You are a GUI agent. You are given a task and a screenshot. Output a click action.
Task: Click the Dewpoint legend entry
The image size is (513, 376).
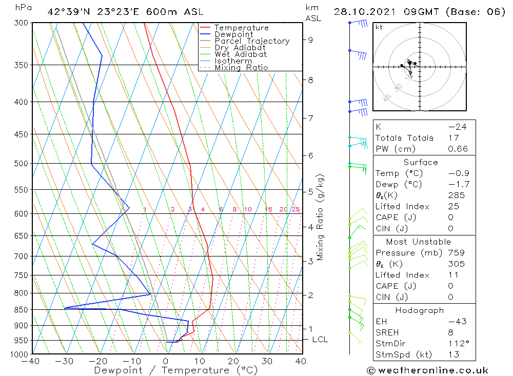pyautogui.click(x=233, y=34)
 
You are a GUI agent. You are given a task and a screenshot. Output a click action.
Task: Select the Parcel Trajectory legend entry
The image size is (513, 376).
pyautogui.click(x=252, y=41)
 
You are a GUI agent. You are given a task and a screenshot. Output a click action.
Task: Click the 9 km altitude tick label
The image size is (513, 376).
pyautogui.click(x=310, y=39)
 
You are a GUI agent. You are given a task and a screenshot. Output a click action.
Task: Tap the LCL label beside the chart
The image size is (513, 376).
pyautogui.click(x=320, y=340)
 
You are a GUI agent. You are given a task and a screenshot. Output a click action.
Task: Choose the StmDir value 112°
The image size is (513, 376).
pyautogui.click(x=456, y=343)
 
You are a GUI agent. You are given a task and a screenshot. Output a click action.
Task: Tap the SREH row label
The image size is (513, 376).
pyautogui.click(x=387, y=332)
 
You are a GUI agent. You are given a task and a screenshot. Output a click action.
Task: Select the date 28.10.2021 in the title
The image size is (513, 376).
pyautogui.click(x=364, y=12)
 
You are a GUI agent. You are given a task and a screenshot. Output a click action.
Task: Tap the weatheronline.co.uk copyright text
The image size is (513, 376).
pyautogui.click(x=427, y=370)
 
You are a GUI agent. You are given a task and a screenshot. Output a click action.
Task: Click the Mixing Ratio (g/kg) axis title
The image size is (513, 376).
pyautogui.click(x=321, y=217)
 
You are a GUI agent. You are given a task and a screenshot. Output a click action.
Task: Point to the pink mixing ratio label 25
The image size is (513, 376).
pyautogui.click(x=295, y=209)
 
